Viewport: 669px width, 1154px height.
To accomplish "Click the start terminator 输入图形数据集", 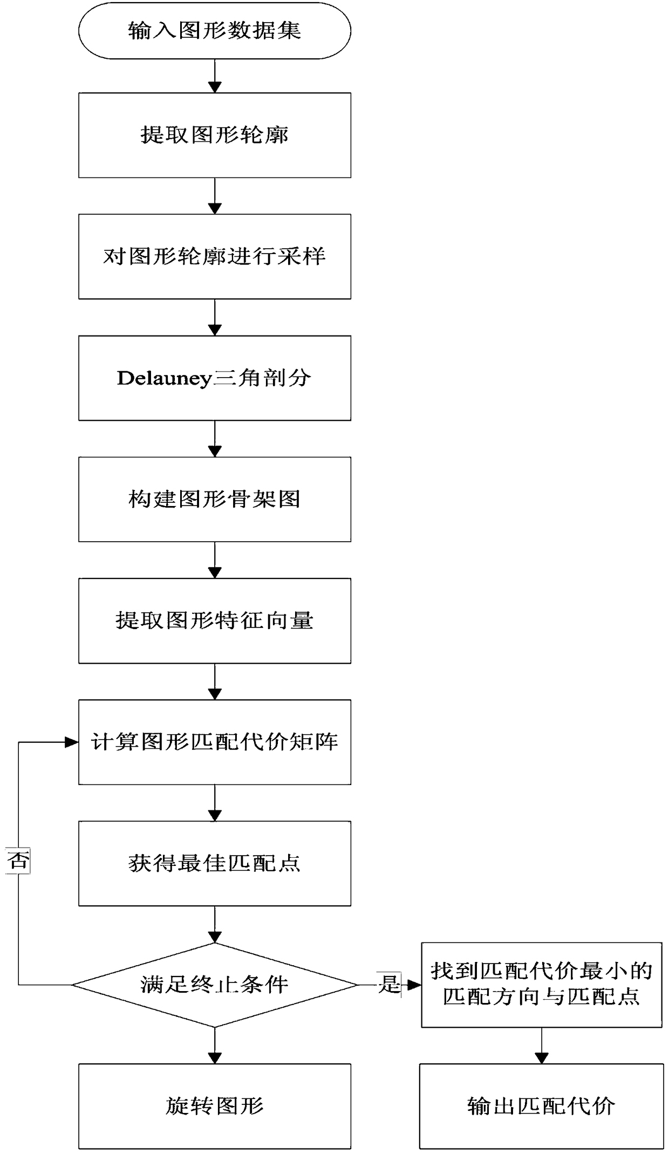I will [x=215, y=31].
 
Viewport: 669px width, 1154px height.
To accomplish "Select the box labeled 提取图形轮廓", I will [x=215, y=135].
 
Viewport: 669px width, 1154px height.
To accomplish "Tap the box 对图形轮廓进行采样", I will [x=215, y=256].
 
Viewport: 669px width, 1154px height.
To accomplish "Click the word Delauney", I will [x=163, y=378].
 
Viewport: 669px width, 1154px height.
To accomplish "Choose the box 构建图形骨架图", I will [x=215, y=499].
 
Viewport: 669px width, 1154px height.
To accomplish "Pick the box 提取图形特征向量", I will [x=215, y=620].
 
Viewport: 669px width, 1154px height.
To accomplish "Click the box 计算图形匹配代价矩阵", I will [x=215, y=742].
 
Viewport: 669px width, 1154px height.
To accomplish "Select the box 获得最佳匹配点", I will [x=215, y=863].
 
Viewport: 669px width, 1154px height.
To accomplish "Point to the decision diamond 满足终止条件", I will [x=215, y=985].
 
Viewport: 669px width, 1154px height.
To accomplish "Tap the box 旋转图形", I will [x=215, y=1106].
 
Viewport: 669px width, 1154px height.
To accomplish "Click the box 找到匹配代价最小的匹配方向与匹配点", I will [x=541, y=985].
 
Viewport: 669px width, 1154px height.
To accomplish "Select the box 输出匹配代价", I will [x=541, y=1106].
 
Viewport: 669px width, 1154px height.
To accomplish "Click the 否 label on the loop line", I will [x=18, y=861].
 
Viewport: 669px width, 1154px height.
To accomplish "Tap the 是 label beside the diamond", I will [x=389, y=984].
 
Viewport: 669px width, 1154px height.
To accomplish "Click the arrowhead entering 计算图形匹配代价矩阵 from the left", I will [x=72, y=742].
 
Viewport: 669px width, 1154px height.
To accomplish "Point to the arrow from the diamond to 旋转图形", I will [x=215, y=1046].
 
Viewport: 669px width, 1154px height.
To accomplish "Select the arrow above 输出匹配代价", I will [x=541, y=1046].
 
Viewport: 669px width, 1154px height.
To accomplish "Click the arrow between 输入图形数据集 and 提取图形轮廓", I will [x=215, y=76].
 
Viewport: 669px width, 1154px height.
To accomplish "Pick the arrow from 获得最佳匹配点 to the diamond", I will [x=215, y=924].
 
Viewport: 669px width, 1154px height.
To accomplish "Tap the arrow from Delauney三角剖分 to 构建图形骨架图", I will [x=215, y=439].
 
